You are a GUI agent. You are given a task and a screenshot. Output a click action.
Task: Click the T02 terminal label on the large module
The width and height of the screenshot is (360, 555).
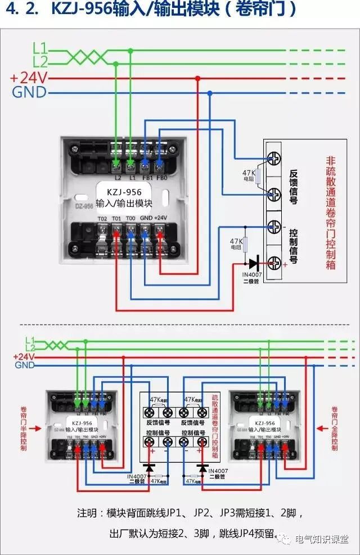coord(102,218)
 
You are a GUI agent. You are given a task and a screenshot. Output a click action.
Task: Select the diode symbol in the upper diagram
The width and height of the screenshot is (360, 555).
coord(253,262)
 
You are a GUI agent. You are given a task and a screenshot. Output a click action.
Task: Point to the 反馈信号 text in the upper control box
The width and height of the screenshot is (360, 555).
coord(293,186)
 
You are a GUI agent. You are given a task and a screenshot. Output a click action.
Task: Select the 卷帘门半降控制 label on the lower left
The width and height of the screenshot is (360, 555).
coord(22,427)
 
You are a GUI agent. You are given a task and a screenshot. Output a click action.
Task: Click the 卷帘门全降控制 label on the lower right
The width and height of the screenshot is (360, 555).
coord(335,428)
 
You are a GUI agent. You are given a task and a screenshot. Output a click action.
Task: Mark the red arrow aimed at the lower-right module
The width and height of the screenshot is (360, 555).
coord(321,428)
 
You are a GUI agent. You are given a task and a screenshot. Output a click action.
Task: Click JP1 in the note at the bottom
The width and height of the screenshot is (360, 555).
coord(164,513)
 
